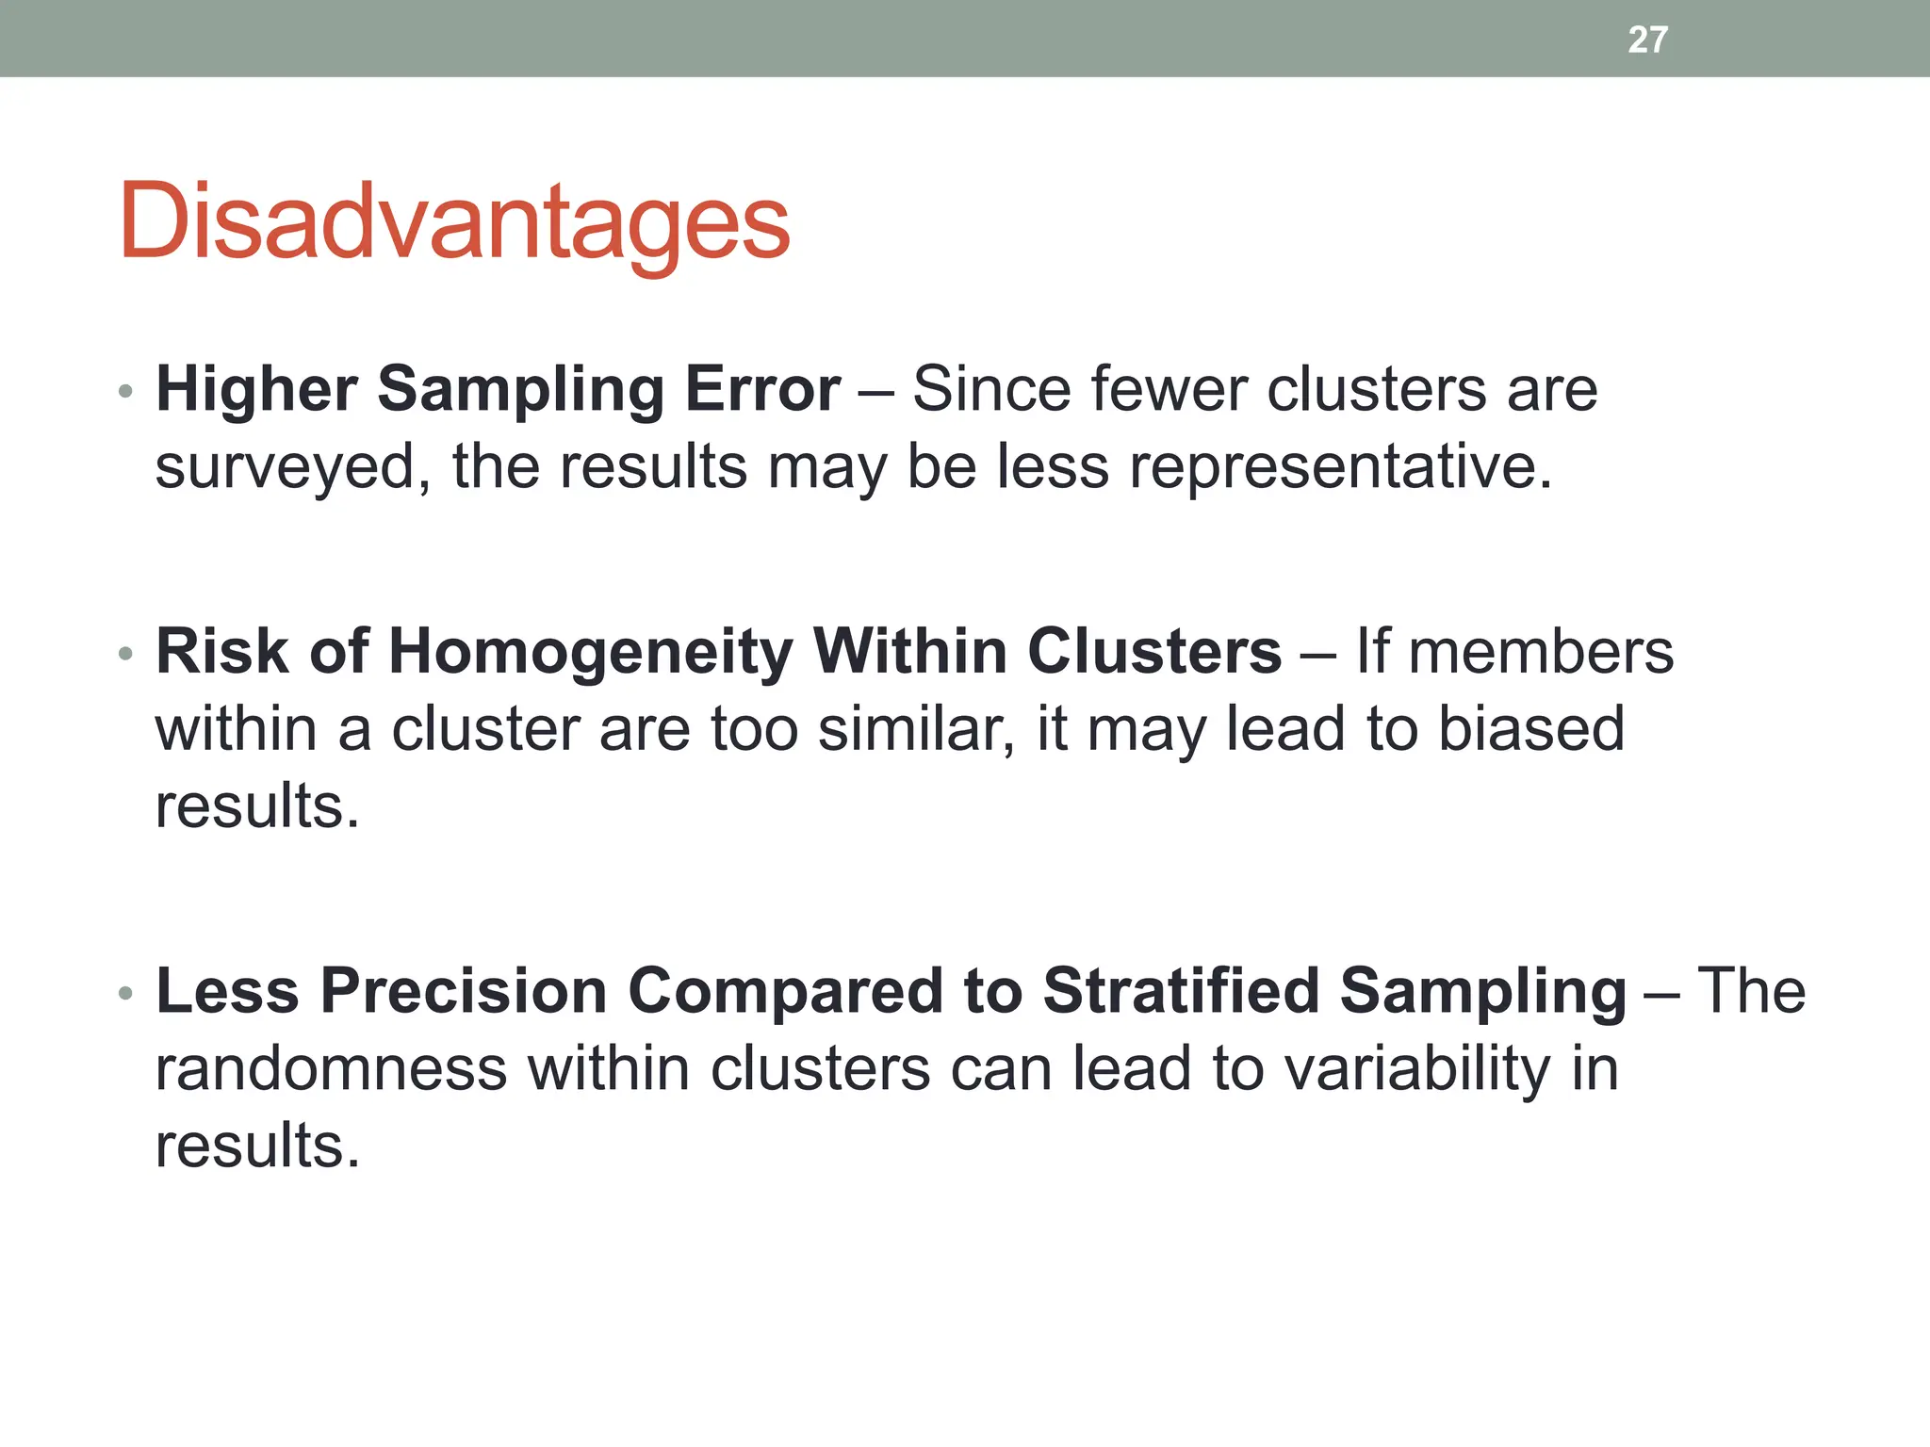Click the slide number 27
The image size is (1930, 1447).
click(1647, 40)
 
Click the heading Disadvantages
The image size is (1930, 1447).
click(454, 221)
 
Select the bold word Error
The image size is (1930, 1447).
click(762, 389)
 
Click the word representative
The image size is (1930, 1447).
click(1338, 467)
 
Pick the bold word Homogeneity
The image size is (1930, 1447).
click(591, 651)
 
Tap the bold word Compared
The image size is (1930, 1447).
click(786, 991)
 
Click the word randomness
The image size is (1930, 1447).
click(331, 1069)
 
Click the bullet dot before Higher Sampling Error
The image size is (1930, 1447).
click(125, 391)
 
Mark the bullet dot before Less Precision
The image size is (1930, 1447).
click(125, 993)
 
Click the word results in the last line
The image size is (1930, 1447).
click(256, 1146)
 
